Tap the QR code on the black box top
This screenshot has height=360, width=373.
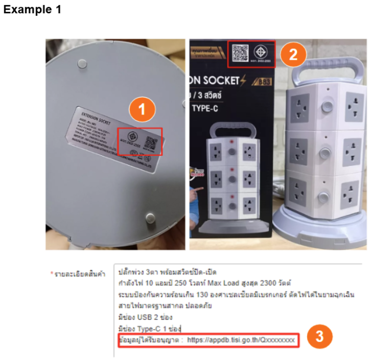coord(240,53)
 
